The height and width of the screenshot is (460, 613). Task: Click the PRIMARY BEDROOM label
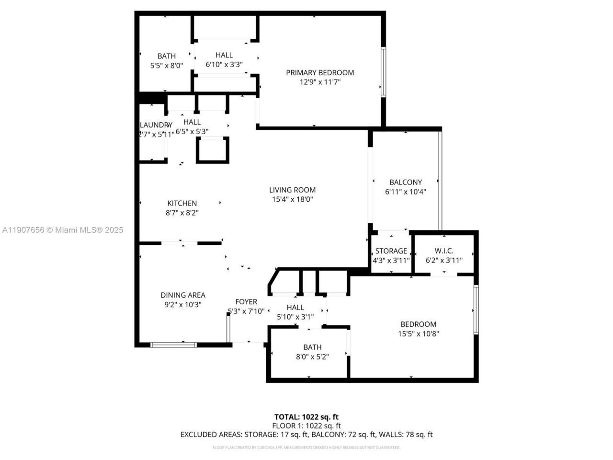click(320, 72)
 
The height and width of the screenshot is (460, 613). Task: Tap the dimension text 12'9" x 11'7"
click(320, 82)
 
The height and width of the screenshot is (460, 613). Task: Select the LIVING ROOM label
click(292, 190)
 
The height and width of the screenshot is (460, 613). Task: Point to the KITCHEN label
click(182, 203)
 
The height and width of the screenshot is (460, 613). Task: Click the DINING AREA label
click(183, 295)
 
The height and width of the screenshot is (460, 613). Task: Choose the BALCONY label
click(406, 182)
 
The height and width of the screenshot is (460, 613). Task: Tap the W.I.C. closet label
click(444, 251)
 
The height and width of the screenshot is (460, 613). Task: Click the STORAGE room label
click(391, 251)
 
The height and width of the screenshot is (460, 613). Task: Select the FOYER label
click(246, 302)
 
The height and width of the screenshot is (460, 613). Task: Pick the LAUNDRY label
click(155, 125)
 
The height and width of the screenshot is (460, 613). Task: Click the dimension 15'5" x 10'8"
click(419, 334)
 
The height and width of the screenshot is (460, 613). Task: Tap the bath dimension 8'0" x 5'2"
click(312, 356)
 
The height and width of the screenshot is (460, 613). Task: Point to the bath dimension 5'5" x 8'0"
click(167, 66)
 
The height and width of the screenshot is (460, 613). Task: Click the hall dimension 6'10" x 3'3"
click(224, 64)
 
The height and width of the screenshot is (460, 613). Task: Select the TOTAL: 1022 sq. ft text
click(306, 417)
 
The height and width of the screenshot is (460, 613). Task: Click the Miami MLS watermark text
click(62, 230)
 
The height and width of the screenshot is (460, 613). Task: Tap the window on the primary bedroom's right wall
click(383, 72)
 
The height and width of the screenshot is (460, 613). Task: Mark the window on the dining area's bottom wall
click(173, 345)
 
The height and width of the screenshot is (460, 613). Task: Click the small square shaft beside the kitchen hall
click(213, 150)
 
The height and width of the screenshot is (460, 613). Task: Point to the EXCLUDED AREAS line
click(306, 435)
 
